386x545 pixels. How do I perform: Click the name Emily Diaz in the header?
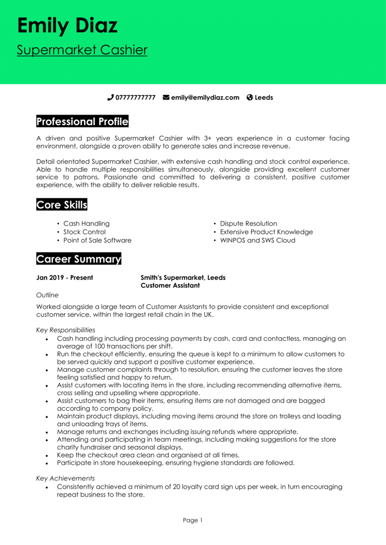pyautogui.click(x=67, y=25)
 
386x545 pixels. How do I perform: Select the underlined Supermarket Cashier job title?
pyautogui.click(x=82, y=50)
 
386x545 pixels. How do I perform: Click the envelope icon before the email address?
pyautogui.click(x=166, y=98)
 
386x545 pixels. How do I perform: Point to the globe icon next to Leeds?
pyautogui.click(x=250, y=98)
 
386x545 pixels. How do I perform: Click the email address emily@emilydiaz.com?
pyautogui.click(x=205, y=98)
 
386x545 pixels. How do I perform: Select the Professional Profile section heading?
pyautogui.click(x=82, y=122)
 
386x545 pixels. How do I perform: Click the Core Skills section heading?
pyautogui.click(x=62, y=205)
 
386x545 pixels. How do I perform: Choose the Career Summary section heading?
pyautogui.click(x=79, y=259)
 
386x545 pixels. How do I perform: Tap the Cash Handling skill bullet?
pyautogui.click(x=86, y=223)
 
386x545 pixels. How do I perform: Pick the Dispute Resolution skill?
pyautogui.click(x=249, y=223)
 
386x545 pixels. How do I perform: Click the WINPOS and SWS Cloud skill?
pyautogui.click(x=257, y=240)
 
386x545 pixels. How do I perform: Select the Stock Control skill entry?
pyautogui.click(x=84, y=232)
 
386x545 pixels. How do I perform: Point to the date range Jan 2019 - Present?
pyautogui.click(x=64, y=278)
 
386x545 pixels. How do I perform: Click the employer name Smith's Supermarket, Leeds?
pyautogui.click(x=183, y=278)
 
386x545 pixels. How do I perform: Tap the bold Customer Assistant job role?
pyautogui.click(x=170, y=286)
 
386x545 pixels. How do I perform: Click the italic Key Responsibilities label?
pyautogui.click(x=65, y=330)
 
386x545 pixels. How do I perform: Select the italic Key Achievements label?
pyautogui.click(x=65, y=478)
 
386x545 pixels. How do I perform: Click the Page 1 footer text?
pyautogui.click(x=193, y=520)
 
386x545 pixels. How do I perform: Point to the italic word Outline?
pyautogui.click(x=47, y=295)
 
